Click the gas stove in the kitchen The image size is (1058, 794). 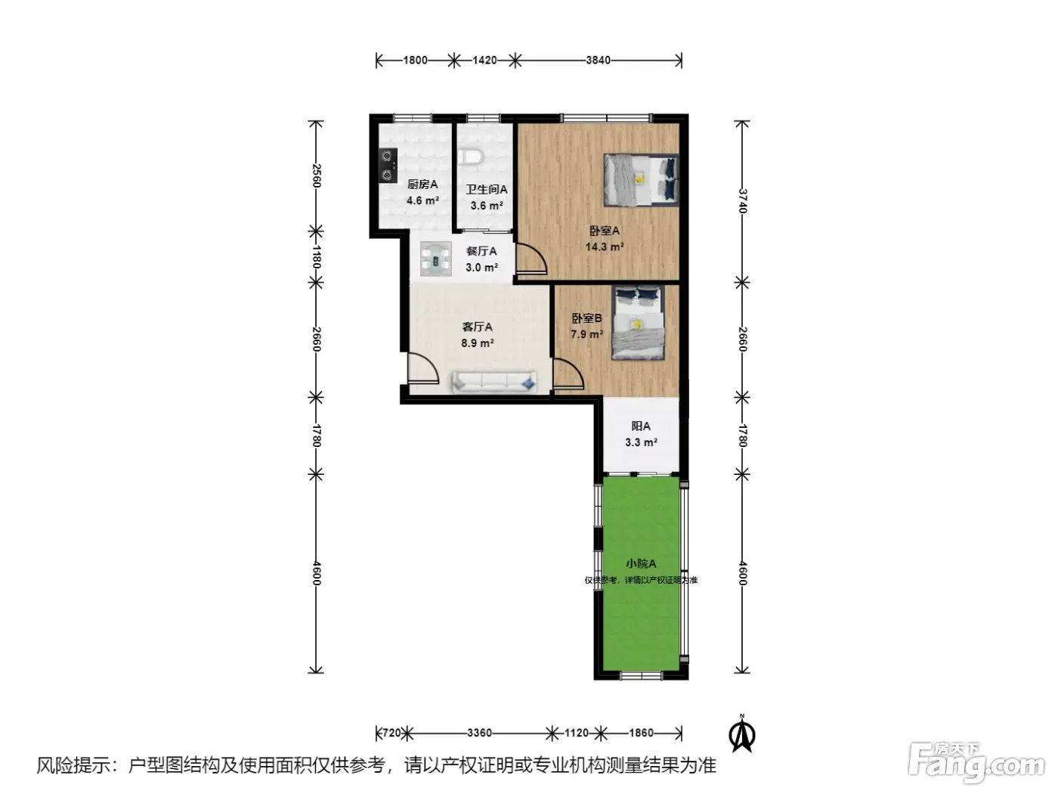pos(388,166)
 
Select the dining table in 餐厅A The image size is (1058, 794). pos(436,259)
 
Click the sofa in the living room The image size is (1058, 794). pos(494,383)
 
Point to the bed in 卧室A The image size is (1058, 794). pos(641,180)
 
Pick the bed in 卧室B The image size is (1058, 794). pos(638,323)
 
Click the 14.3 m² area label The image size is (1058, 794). pos(605,247)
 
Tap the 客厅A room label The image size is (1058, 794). pos(477,327)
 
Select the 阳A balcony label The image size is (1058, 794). pos(641,426)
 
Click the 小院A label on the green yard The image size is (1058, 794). pos(641,563)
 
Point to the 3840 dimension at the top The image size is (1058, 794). pos(599,60)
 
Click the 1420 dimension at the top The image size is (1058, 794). pos(484,60)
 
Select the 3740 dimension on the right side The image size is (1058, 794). pos(743,200)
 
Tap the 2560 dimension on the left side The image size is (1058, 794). pos(316,176)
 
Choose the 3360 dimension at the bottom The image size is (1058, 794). pos(479,734)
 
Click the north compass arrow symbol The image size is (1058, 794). pos(742,736)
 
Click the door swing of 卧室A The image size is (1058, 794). pos(532,259)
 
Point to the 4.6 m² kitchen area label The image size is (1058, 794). pos(422,200)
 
